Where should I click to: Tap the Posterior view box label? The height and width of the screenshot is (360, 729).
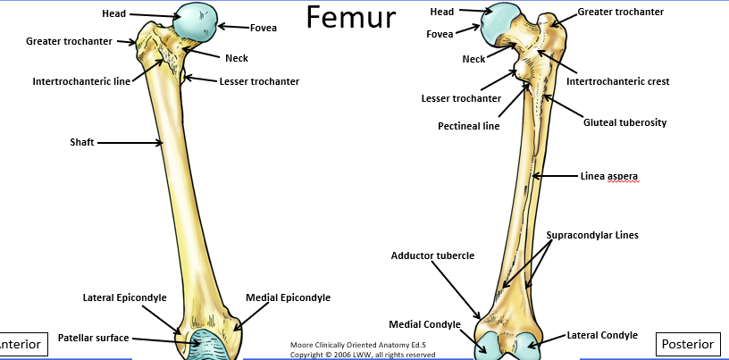(x=688, y=344)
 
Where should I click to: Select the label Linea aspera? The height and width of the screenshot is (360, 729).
(x=609, y=176)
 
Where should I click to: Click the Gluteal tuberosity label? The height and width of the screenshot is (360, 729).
(x=625, y=121)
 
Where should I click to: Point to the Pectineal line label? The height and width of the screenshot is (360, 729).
(x=468, y=126)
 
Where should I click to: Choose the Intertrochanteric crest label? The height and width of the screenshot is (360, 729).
(x=618, y=81)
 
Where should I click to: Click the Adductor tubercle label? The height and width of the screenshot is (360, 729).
(x=432, y=255)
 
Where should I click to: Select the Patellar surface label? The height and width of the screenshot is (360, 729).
(x=94, y=338)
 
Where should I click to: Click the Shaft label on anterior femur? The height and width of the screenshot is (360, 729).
(x=84, y=141)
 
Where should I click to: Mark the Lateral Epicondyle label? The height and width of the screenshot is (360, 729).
(x=125, y=297)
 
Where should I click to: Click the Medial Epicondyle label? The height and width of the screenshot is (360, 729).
(x=289, y=297)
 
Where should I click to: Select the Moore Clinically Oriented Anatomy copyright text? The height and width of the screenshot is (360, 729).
(x=364, y=348)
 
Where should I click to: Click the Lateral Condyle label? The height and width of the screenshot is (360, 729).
(x=602, y=335)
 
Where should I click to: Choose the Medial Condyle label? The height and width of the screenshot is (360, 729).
(x=424, y=323)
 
